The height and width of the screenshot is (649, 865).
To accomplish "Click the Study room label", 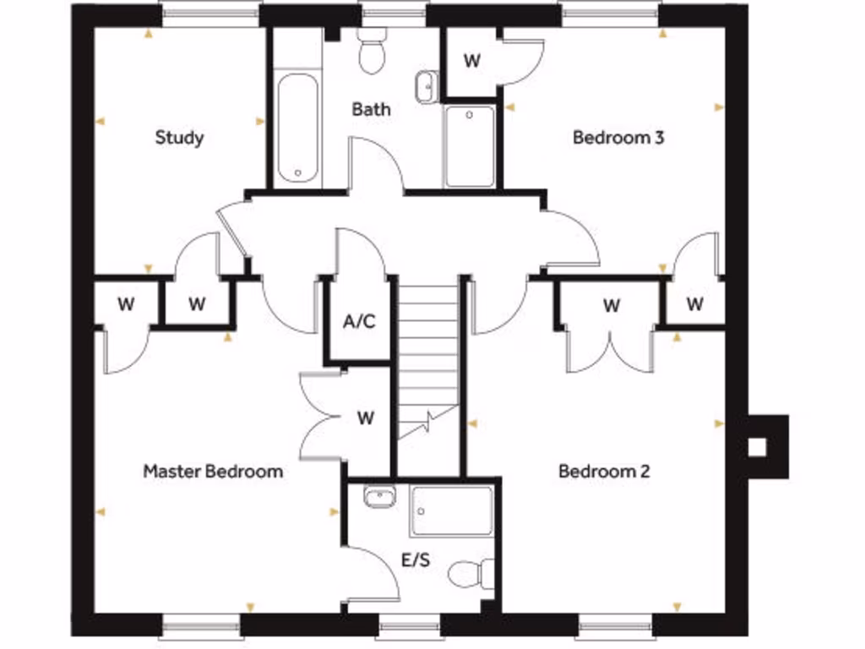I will (x=179, y=137).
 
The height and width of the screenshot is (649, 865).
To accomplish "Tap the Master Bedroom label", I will (x=213, y=472).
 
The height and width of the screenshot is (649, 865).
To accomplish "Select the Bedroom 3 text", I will (x=617, y=137).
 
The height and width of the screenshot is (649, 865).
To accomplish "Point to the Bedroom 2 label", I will (x=604, y=472).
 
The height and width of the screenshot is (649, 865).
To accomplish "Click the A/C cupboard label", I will (x=358, y=322).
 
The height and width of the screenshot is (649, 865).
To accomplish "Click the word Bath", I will (x=372, y=109).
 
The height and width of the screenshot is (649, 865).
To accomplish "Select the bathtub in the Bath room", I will (x=297, y=128).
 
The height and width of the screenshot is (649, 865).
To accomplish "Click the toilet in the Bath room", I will (x=372, y=53).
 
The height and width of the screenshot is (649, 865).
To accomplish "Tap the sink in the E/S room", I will (x=379, y=497).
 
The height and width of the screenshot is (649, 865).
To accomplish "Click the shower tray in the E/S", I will (x=452, y=511).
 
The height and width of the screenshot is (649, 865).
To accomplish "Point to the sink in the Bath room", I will (x=427, y=86).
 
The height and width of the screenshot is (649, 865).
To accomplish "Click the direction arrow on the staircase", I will (x=431, y=419).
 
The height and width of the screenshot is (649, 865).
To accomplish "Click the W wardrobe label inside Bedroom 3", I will (x=472, y=62).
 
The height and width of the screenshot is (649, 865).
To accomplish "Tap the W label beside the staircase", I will (x=365, y=417).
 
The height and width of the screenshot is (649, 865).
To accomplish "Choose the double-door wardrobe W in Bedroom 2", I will (x=611, y=305).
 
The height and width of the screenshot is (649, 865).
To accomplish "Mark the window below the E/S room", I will (x=409, y=627).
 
